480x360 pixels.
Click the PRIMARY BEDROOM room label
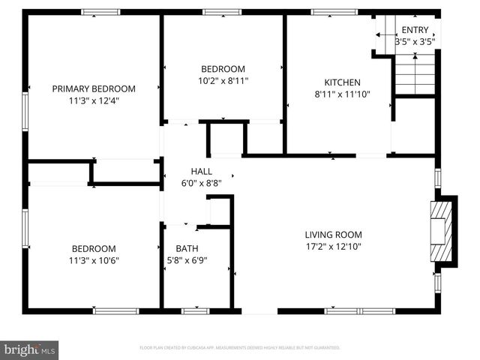(x=94, y=88)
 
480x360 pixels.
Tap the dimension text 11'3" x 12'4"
(x=94, y=100)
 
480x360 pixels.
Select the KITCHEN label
(x=342, y=82)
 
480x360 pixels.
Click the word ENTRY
(x=415, y=30)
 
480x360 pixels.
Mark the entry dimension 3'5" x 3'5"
(x=415, y=42)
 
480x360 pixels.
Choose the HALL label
(x=202, y=171)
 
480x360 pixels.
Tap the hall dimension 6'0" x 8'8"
(x=202, y=182)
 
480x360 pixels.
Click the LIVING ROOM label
(x=333, y=234)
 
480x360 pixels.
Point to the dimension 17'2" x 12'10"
(x=333, y=245)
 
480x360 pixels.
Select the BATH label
(x=187, y=249)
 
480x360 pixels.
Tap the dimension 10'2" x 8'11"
(x=223, y=80)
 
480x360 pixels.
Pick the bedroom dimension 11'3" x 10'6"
(x=94, y=260)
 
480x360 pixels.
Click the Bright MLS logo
(x=30, y=350)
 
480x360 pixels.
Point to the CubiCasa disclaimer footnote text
(x=240, y=348)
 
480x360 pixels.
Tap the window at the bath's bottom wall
(x=195, y=310)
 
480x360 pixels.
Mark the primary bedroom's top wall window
(x=100, y=12)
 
